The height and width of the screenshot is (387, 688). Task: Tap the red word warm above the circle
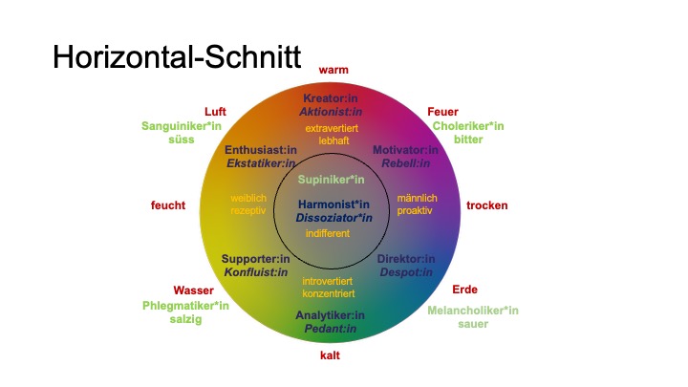(x=333, y=70)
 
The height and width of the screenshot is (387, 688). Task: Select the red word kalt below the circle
(x=331, y=355)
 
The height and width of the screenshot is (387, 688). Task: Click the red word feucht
(x=168, y=205)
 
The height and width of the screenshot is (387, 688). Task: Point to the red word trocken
(x=487, y=205)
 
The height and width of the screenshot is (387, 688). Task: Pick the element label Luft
(x=215, y=112)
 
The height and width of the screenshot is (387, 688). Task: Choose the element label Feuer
(x=442, y=112)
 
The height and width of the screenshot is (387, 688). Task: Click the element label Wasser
(x=193, y=290)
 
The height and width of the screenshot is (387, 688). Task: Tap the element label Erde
(x=464, y=290)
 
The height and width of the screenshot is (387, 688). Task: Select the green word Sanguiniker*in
(x=182, y=126)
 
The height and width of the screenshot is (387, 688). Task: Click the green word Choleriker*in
(x=468, y=126)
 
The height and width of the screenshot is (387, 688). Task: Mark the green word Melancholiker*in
(x=473, y=310)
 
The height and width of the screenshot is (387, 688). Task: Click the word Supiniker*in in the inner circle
(x=332, y=180)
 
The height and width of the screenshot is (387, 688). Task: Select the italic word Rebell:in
(x=406, y=163)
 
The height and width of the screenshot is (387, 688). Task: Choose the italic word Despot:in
(x=406, y=272)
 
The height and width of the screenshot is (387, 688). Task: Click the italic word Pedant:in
(x=331, y=329)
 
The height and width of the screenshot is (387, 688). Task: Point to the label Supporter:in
(x=254, y=259)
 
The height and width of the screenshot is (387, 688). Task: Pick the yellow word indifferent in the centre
(x=328, y=232)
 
